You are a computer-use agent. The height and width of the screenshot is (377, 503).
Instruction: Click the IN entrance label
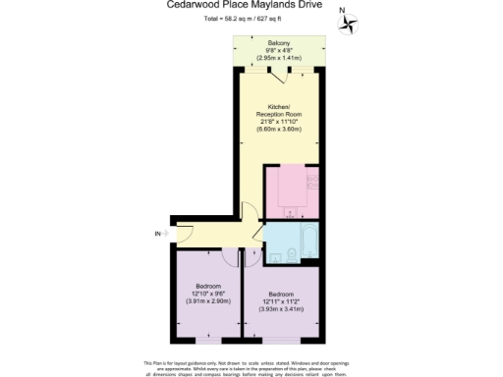click(x=157, y=233)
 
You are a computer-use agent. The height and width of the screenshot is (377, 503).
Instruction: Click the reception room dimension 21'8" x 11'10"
click(x=278, y=121)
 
